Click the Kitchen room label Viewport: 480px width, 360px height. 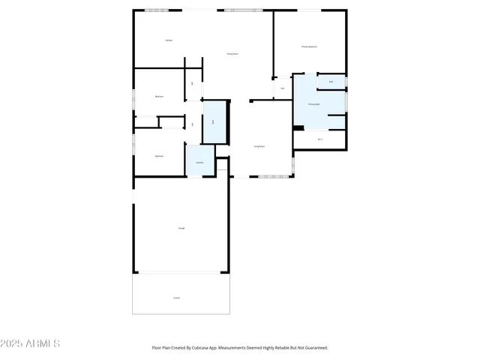(169, 40)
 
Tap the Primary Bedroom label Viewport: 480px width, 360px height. (309, 46)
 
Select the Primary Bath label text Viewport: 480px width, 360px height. (314, 104)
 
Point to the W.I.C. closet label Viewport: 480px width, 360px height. (320, 139)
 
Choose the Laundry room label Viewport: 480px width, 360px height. (199, 163)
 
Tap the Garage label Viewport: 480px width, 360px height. (181, 227)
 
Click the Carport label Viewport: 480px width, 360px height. (176, 298)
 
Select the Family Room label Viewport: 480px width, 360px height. (233, 54)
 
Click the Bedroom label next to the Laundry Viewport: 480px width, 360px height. (159, 156)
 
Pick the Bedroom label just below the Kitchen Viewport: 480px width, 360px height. (159, 97)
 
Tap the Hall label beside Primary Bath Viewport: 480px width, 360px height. (282, 88)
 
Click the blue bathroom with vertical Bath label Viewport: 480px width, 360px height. (214, 121)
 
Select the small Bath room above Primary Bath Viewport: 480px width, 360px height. (331, 82)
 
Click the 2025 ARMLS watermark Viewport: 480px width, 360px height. (31, 343)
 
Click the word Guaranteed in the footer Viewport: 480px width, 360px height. (314, 348)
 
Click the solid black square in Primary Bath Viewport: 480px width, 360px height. (298, 127)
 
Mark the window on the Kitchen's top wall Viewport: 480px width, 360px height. (157, 10)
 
